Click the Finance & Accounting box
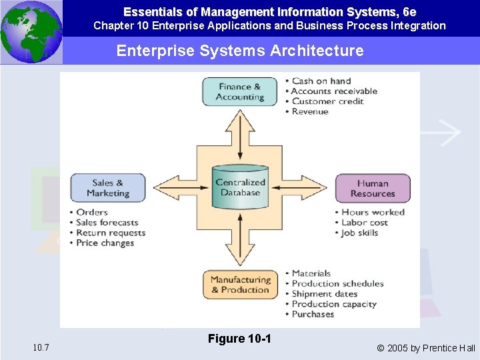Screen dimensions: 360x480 [x=240, y=92]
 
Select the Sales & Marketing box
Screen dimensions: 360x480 [x=107, y=188]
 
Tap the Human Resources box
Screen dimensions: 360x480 [x=372, y=188]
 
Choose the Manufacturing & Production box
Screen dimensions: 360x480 [x=240, y=285]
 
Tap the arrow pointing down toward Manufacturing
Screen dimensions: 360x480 [x=240, y=250]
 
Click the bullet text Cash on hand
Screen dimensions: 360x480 [x=321, y=81]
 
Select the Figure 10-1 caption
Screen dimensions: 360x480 [x=239, y=339]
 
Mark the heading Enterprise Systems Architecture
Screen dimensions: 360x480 [x=240, y=51]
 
